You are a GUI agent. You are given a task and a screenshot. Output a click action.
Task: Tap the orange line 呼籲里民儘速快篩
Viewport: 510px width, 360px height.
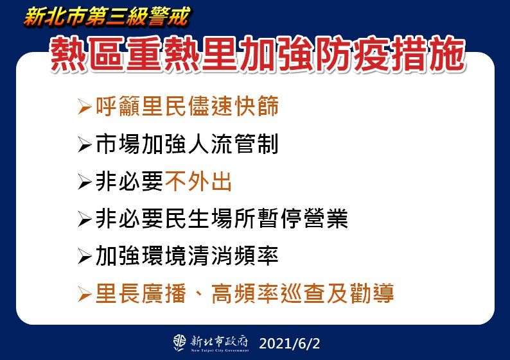[187, 107]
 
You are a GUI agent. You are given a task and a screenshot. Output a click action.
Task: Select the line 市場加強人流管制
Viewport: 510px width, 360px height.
[187, 144]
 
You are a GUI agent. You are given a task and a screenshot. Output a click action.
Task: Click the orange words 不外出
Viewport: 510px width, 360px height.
[198, 182]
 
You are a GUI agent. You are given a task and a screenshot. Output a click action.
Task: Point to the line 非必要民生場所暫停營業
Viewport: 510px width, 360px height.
[222, 219]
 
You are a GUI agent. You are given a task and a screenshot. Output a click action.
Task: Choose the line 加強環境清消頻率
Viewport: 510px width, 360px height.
[187, 257]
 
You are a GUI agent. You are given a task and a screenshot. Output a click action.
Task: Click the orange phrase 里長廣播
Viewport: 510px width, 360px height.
[141, 294]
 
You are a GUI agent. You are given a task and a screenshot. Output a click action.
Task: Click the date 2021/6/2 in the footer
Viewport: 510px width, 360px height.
[289, 343]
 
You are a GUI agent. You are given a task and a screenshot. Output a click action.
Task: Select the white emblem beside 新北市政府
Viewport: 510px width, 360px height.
[179, 343]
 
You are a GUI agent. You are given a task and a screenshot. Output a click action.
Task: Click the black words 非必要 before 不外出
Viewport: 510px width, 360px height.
[128, 182]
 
